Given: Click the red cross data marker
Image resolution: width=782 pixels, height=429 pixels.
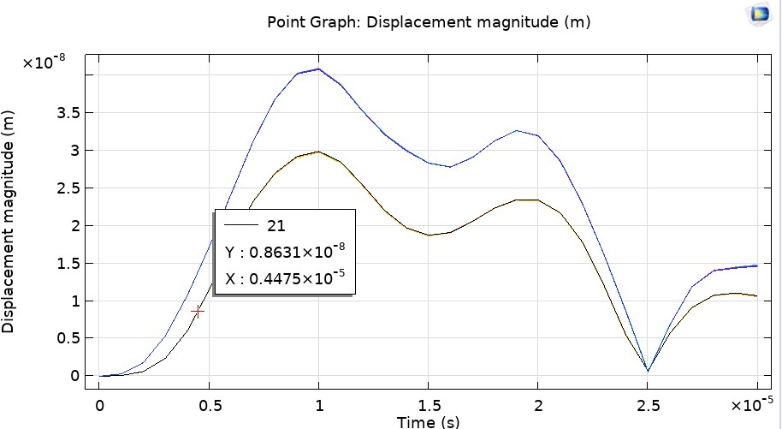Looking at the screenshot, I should (x=198, y=312).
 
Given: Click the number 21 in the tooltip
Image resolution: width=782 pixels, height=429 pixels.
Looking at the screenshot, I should (x=276, y=225).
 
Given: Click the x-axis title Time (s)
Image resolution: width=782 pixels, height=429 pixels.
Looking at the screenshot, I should (x=428, y=421).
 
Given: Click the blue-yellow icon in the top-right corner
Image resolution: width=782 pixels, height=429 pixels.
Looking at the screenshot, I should (x=759, y=14).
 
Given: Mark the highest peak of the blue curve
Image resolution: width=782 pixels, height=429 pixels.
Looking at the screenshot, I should (x=318, y=69).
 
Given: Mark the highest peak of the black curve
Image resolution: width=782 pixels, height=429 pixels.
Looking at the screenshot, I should (x=318, y=152).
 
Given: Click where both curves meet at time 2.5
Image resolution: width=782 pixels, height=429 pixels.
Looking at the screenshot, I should (x=648, y=371).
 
